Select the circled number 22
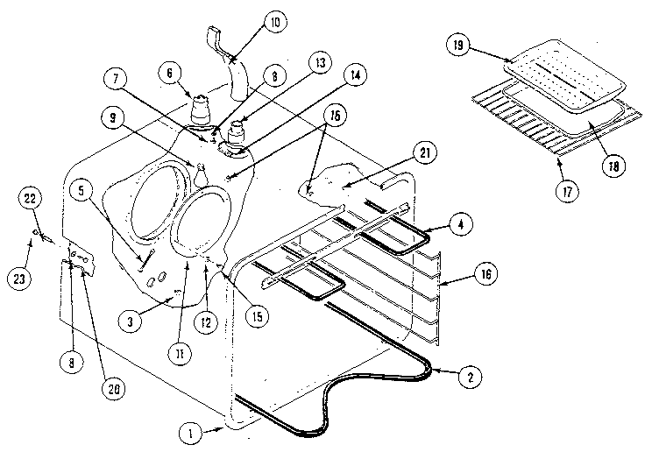(x=31, y=201)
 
